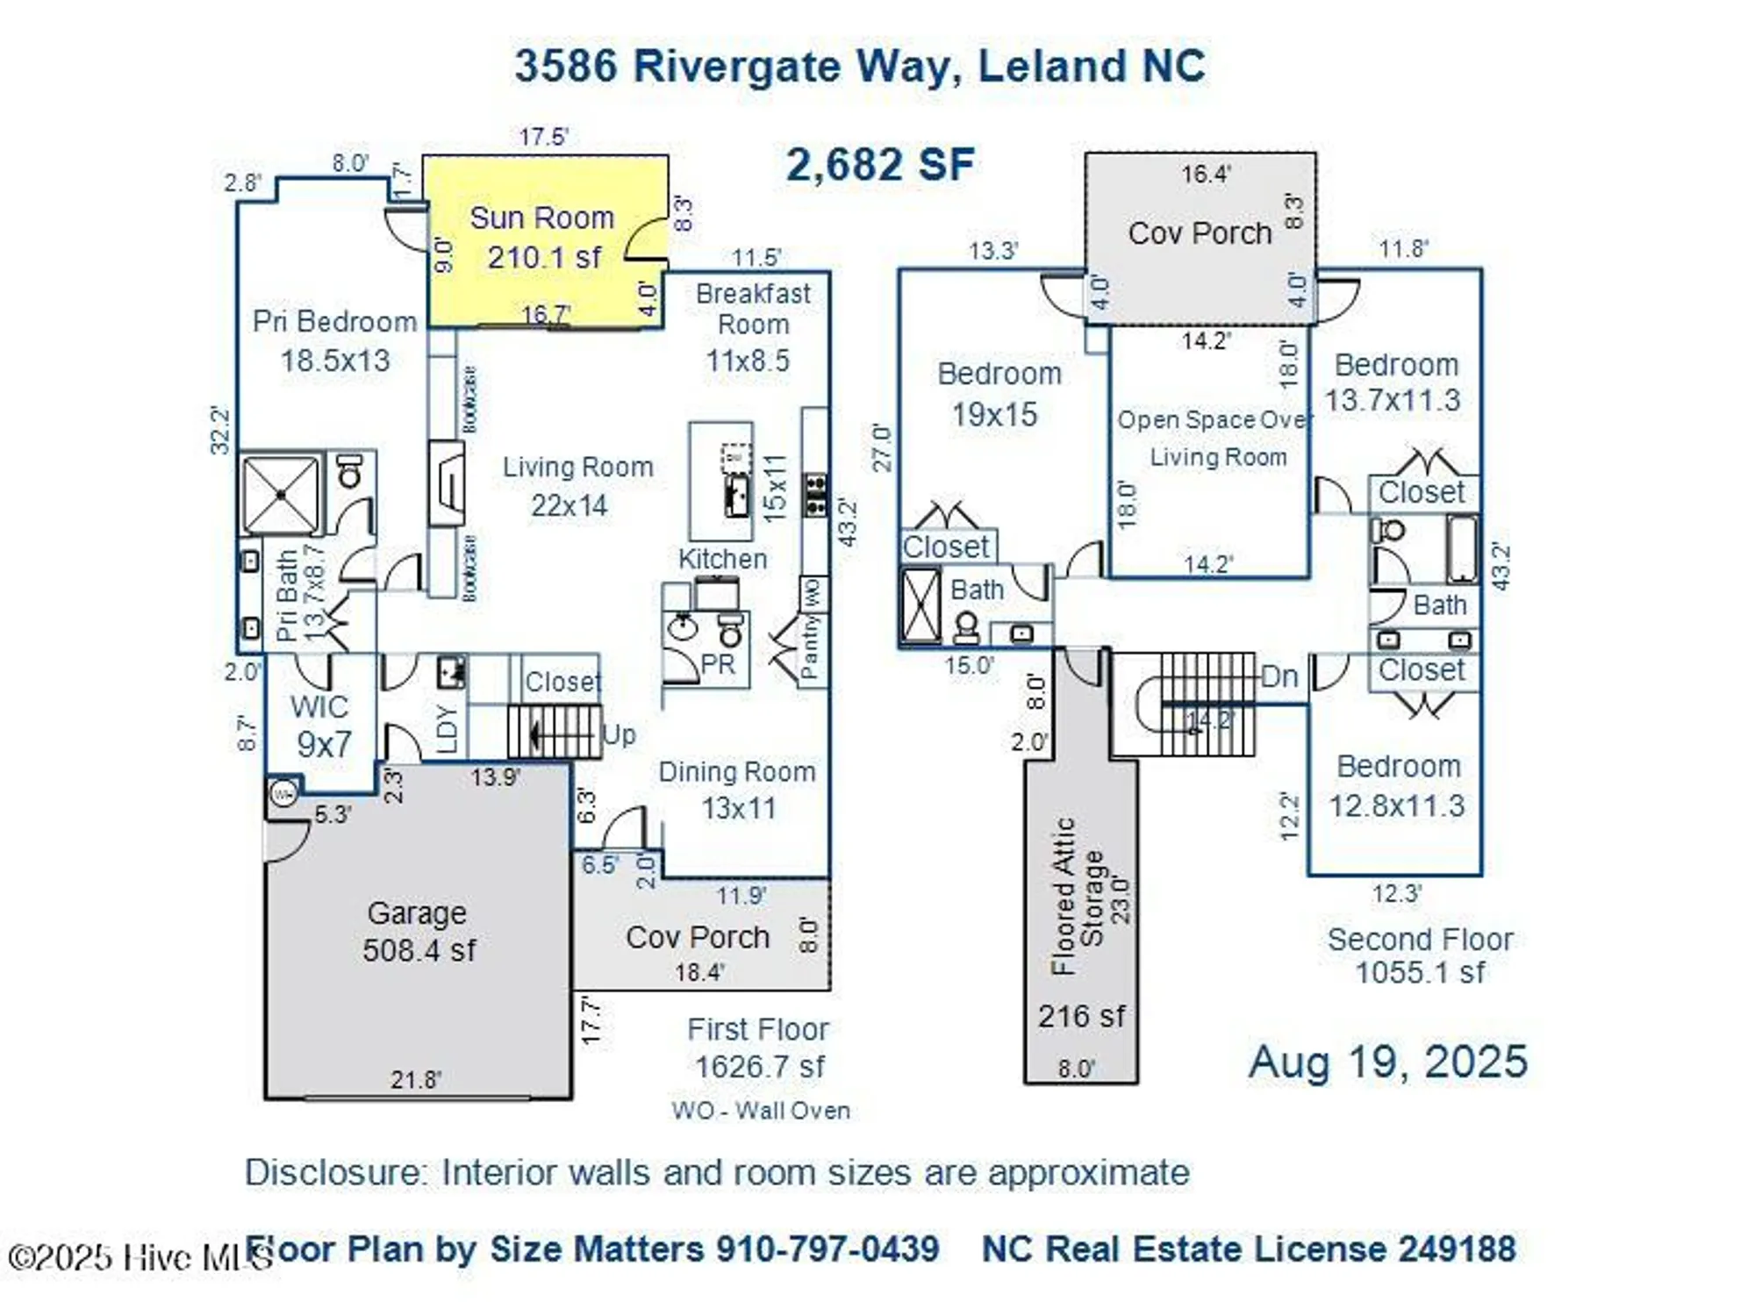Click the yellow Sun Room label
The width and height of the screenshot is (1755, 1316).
[541, 218]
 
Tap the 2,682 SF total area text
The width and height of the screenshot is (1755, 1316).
[879, 165]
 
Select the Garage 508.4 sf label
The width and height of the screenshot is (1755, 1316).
[418, 932]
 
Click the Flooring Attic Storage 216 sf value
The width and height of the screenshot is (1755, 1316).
[1080, 1016]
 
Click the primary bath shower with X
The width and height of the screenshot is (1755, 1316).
[281, 494]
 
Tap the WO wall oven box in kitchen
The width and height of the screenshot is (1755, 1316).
[813, 594]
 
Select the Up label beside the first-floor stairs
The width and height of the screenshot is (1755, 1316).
[619, 735]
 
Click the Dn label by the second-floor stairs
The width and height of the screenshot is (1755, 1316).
[1279, 676]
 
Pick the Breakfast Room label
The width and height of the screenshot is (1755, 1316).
[752, 308]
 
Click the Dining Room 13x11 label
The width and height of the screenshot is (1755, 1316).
[737, 790]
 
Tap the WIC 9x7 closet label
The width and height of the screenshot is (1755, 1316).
[321, 726]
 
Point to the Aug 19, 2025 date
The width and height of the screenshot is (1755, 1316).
[1387, 1062]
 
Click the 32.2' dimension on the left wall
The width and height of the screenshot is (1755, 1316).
[219, 430]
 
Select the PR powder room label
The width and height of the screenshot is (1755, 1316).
[717, 664]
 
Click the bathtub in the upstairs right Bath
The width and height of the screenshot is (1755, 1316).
[1461, 549]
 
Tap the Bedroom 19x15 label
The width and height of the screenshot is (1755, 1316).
[997, 394]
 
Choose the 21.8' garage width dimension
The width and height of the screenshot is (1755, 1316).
[415, 1079]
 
